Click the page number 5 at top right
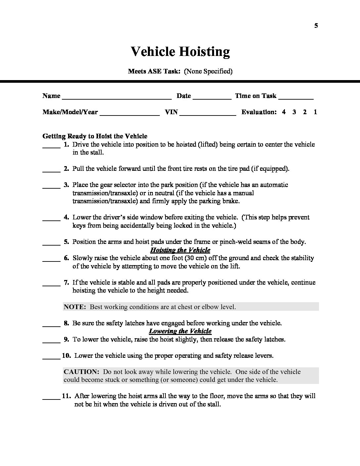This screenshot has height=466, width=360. [316, 26]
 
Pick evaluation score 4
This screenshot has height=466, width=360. [284, 112]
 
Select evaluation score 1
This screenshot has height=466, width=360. [315, 112]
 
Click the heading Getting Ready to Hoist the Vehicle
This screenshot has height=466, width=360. [95, 136]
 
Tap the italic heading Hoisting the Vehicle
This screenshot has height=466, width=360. [180, 250]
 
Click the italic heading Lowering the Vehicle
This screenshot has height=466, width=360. [180, 331]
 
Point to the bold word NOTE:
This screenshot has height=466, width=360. [75, 307]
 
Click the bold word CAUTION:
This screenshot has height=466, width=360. [81, 372]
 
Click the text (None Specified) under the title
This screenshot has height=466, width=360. [208, 71]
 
